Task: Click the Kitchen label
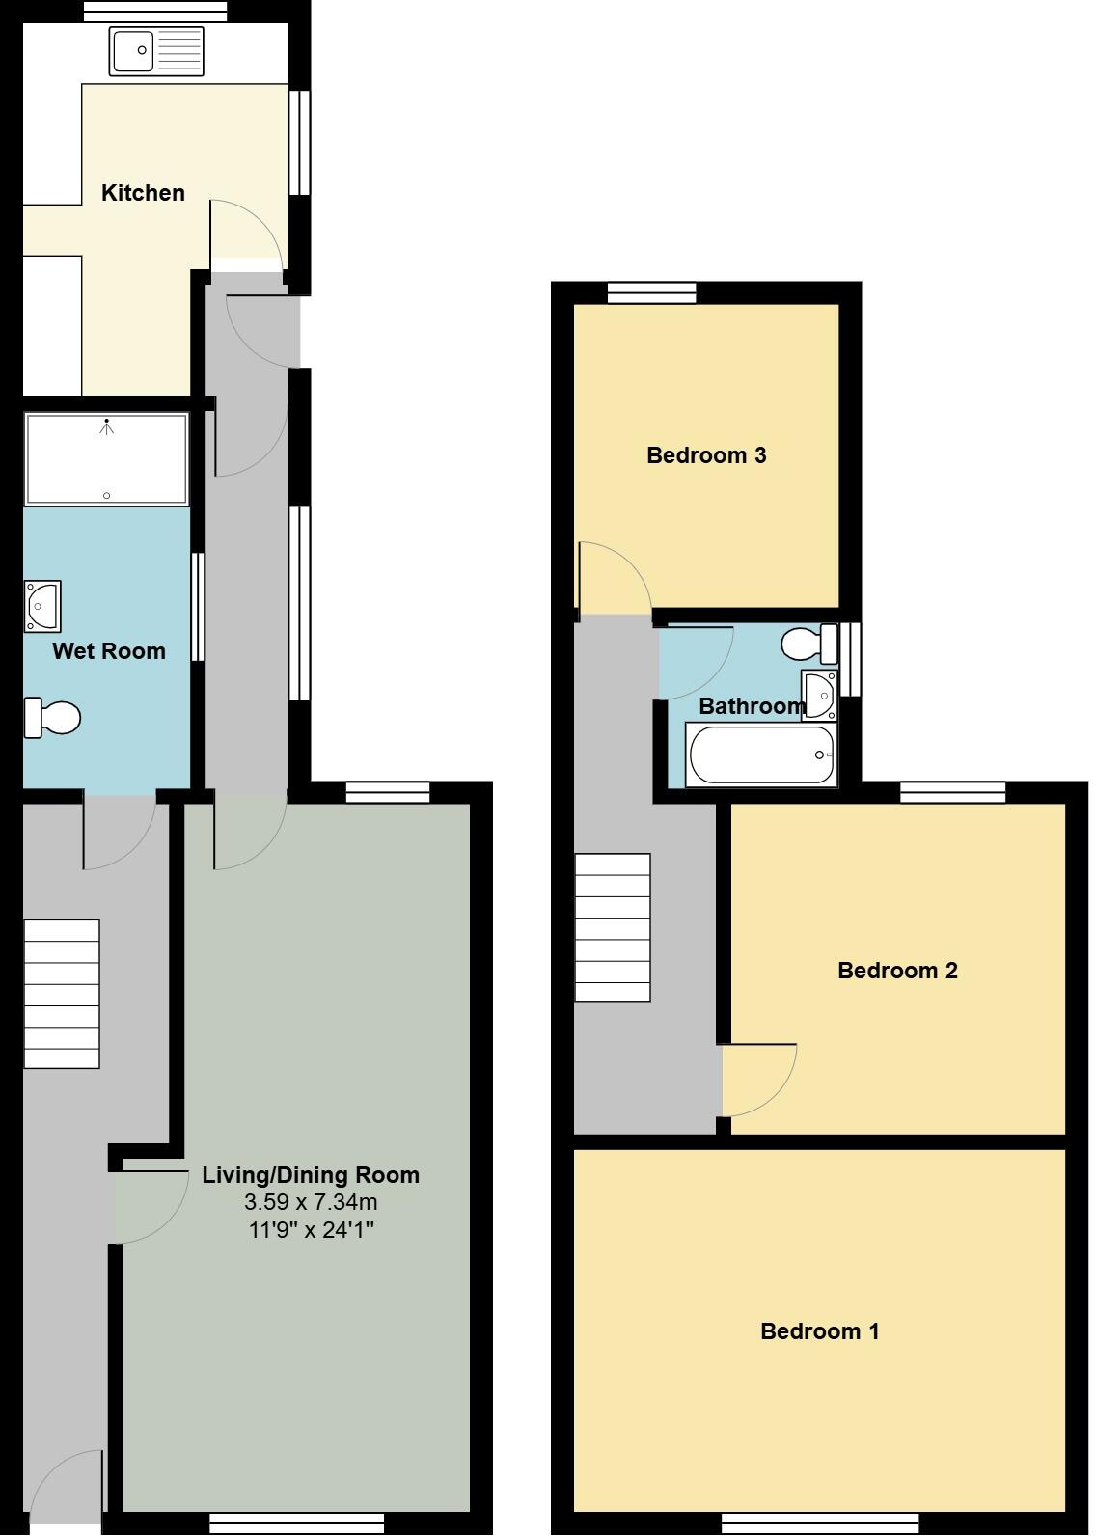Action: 143,193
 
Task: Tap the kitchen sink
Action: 157,51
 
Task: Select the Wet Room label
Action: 109,651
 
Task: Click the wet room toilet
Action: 53,718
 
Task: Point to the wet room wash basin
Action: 43,606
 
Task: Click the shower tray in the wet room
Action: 106,459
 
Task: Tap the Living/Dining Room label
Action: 311,1175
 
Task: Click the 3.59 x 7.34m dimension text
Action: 311,1202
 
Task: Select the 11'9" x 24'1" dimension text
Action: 311,1230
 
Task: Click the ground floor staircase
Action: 62,994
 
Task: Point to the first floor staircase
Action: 613,928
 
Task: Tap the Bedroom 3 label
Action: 706,455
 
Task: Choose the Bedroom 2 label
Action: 897,971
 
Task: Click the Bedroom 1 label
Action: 820,1331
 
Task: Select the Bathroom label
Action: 752,706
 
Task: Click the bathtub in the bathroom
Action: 761,755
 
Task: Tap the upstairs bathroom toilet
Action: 809,643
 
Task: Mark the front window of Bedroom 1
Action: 820,1522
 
